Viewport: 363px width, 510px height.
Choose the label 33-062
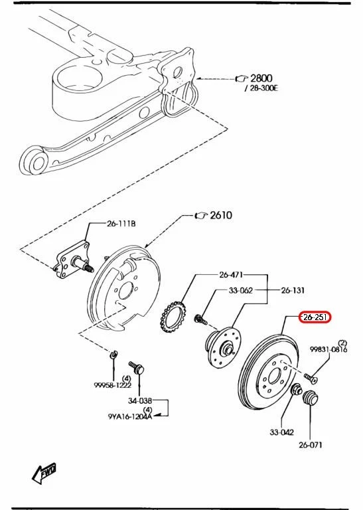tap(243, 290)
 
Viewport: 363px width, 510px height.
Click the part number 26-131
tap(293, 290)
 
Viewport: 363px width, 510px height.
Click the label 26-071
tap(310, 444)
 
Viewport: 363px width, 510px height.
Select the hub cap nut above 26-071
tap(310, 400)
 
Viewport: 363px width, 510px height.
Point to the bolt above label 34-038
tap(138, 367)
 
